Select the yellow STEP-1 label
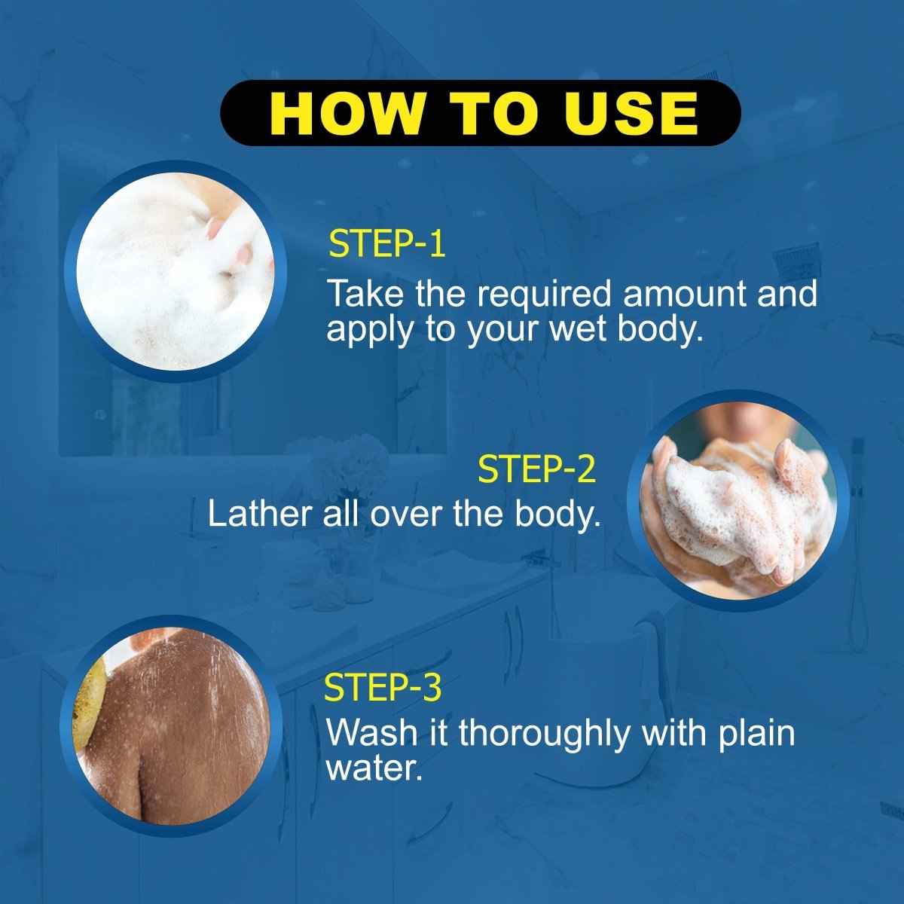click(387, 246)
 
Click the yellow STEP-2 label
click(537, 469)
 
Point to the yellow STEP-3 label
click(382, 688)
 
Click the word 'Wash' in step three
click(371, 733)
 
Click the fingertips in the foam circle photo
click(234, 241)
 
